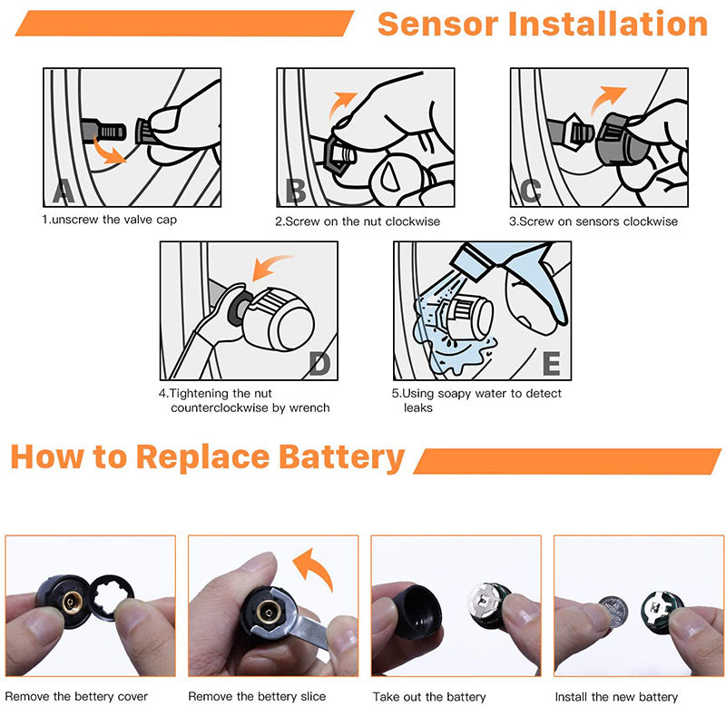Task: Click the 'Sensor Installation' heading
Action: click(543, 24)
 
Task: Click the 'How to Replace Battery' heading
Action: click(208, 457)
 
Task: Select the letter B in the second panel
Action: click(296, 191)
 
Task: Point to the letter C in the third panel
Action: click(531, 191)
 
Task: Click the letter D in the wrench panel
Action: click(320, 365)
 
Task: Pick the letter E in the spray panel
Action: click(552, 364)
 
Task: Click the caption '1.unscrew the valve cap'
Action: click(109, 220)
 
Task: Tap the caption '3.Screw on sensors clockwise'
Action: click(594, 221)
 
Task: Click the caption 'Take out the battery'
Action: click(429, 697)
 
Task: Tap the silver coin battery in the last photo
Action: click(615, 611)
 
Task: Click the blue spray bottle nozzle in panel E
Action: click(472, 261)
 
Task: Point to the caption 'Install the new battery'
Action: click(616, 697)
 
